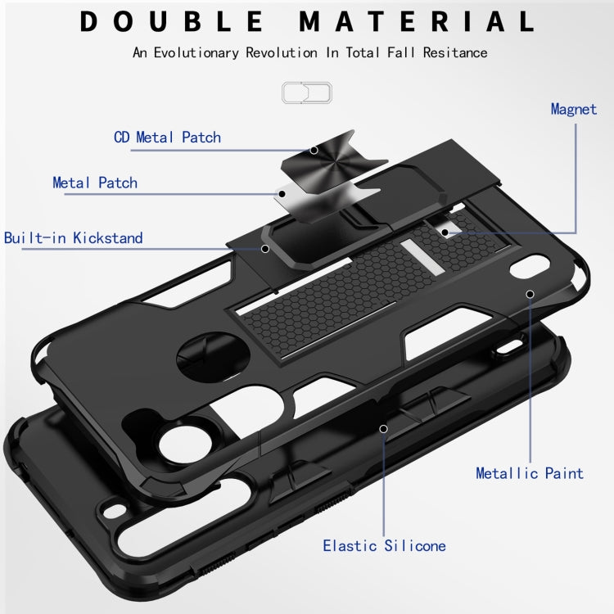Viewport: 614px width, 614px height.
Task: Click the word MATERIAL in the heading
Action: (x=416, y=21)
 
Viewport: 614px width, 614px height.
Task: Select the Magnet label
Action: (x=573, y=109)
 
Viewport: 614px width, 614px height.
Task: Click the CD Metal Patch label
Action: (x=167, y=137)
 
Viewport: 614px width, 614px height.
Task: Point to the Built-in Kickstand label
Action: (x=73, y=238)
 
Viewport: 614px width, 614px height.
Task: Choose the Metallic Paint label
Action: (x=530, y=473)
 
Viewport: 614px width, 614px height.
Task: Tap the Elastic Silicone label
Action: (x=384, y=545)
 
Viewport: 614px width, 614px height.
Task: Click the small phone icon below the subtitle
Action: (x=306, y=93)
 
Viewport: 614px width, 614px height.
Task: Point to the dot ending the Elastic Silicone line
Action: (x=383, y=427)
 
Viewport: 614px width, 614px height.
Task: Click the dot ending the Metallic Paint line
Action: (x=530, y=293)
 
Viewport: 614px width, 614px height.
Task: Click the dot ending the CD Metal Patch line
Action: (x=314, y=150)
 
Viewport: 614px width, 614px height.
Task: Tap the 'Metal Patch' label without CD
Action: (x=95, y=183)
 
